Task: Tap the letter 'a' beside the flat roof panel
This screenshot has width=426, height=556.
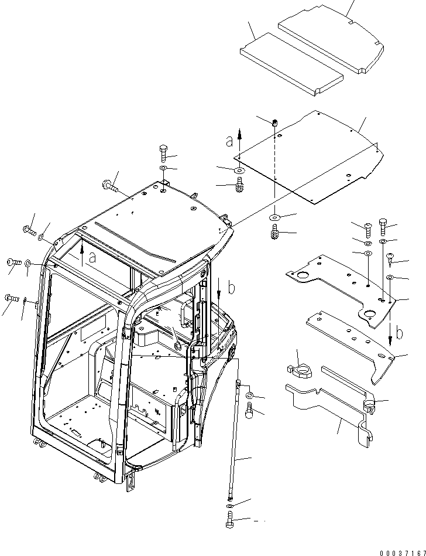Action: pos(229,141)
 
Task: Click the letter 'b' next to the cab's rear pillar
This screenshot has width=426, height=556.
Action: pos(231,288)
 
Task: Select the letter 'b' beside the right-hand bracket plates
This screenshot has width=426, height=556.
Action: pos(399,334)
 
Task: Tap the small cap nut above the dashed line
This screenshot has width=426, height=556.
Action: pos(274,122)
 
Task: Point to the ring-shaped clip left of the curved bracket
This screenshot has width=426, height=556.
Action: pos(301,370)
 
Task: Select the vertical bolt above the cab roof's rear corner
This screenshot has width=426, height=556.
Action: pos(164,155)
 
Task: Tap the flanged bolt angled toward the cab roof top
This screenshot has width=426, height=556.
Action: pos(110,187)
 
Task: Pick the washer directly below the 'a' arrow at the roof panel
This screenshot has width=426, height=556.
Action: pos(239,170)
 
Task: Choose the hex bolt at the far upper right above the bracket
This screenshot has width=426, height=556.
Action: pos(384,225)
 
